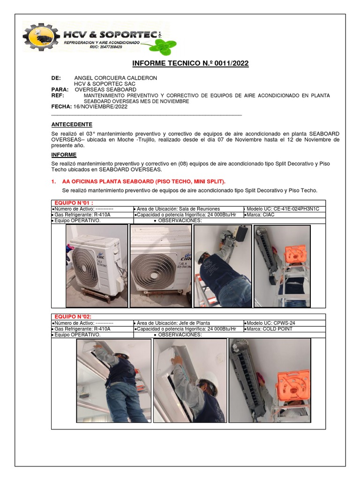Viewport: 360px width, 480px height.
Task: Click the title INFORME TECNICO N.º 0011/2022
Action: click(190, 63)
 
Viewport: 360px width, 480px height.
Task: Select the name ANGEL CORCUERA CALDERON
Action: click(116, 78)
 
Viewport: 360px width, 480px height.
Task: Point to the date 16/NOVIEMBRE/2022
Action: click(100, 106)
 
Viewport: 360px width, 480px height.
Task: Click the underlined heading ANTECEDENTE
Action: click(72, 124)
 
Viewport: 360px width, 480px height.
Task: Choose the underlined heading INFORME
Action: click(64, 155)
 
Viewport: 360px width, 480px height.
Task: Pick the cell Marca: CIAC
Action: click(266, 215)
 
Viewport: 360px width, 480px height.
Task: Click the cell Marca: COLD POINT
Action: click(270, 329)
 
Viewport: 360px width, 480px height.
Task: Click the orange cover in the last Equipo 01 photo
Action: click(295, 255)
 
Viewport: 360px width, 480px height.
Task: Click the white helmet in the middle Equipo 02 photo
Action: click(209, 379)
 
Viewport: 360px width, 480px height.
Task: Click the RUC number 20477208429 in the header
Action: click(105, 47)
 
